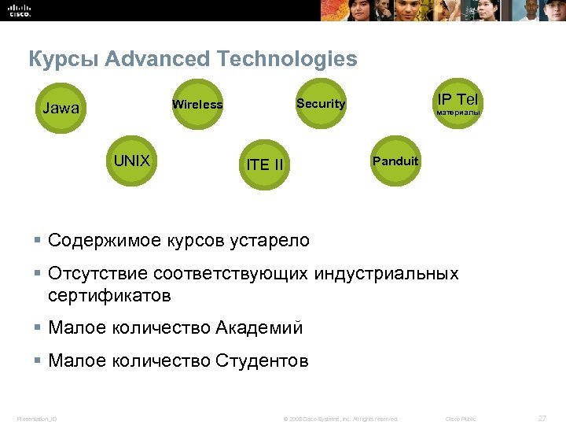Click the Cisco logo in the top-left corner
[x=20, y=10]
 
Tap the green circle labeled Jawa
[x=61, y=109]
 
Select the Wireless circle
[x=197, y=104]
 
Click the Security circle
[x=321, y=103]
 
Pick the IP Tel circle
[x=458, y=102]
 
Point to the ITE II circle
[x=265, y=164]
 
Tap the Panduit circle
[x=395, y=161]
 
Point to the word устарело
[x=270, y=240]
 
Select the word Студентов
[x=260, y=361]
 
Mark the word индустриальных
[x=386, y=275]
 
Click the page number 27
[x=542, y=418]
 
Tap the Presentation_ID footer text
[x=37, y=419]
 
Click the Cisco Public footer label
[x=461, y=419]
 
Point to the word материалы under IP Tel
[x=458, y=113]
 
